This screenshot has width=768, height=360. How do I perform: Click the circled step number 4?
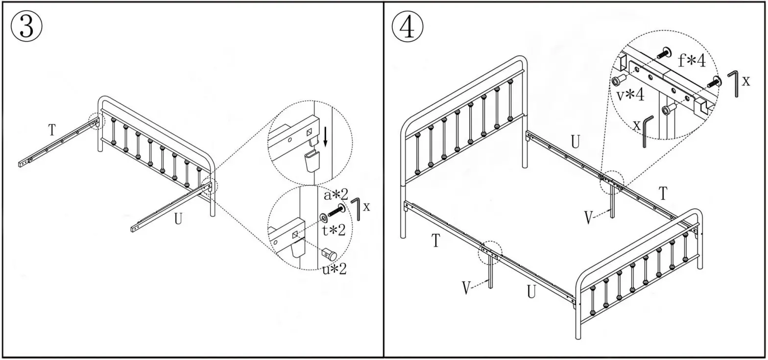pos(408,27)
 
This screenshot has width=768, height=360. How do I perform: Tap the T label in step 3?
pos(52,130)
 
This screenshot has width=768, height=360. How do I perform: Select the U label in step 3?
pos(178,219)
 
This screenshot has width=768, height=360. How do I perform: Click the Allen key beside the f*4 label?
pos(733,83)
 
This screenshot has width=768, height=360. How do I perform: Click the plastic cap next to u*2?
pos(329,254)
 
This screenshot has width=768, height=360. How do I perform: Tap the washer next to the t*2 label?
pos(324,217)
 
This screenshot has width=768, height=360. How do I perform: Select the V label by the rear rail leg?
pos(590,217)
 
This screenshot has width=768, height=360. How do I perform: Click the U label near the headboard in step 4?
pos(576,142)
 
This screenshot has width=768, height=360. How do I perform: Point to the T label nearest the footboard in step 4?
pos(663,194)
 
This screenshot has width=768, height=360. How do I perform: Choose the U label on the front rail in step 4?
pos(531,291)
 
